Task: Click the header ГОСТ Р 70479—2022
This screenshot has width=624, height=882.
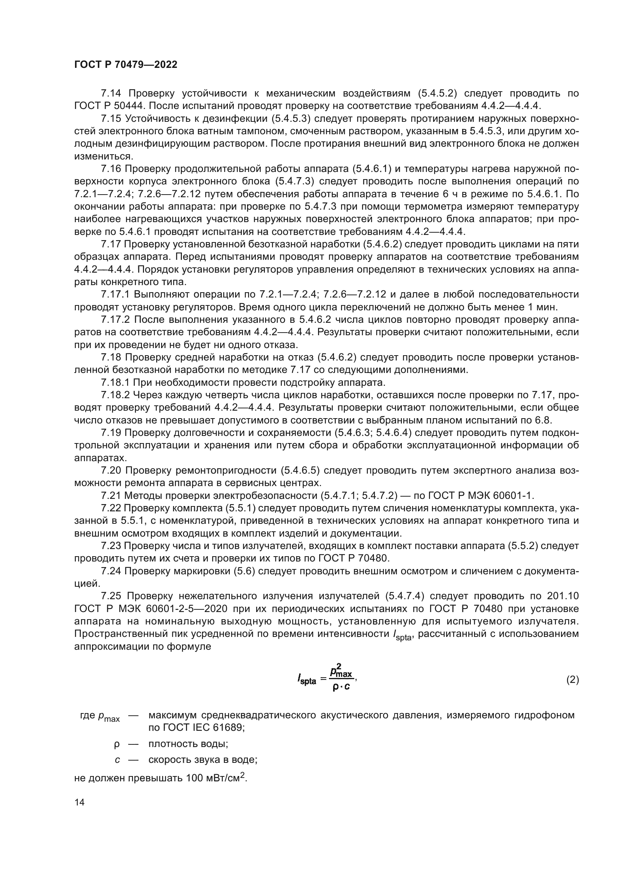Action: click(126, 65)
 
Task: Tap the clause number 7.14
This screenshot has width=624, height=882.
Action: click(111, 94)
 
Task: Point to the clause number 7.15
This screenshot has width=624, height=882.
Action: click(111, 119)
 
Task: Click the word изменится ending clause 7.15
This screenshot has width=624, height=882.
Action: click(103, 156)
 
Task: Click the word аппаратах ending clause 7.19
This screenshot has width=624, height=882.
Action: click(100, 458)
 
